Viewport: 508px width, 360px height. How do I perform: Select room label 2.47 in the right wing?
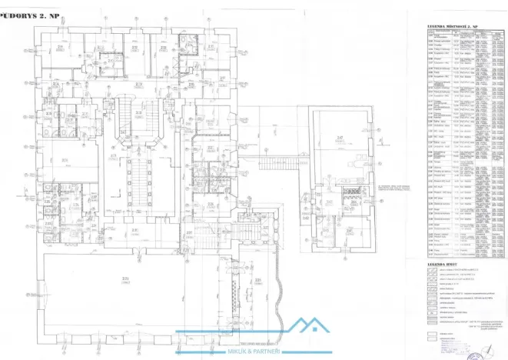339,137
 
